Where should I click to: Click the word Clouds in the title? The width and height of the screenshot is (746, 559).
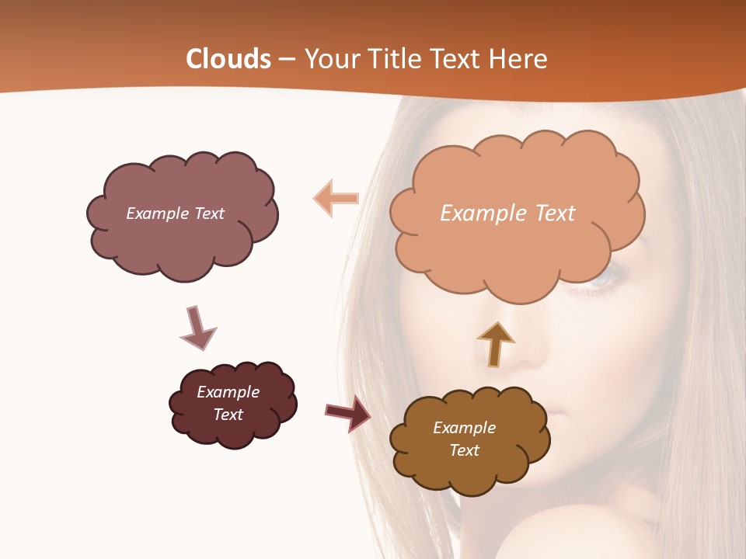(228, 59)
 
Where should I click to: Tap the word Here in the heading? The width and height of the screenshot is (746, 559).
(518, 59)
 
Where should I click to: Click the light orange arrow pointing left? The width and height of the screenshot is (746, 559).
(336, 198)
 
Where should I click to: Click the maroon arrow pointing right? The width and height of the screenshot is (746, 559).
(347, 412)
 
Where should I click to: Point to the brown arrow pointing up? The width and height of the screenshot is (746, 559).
(495, 343)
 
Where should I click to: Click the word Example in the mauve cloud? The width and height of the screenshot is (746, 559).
(155, 214)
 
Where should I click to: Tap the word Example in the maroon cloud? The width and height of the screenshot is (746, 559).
(228, 392)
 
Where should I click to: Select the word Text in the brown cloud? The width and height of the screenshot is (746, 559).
(464, 450)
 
